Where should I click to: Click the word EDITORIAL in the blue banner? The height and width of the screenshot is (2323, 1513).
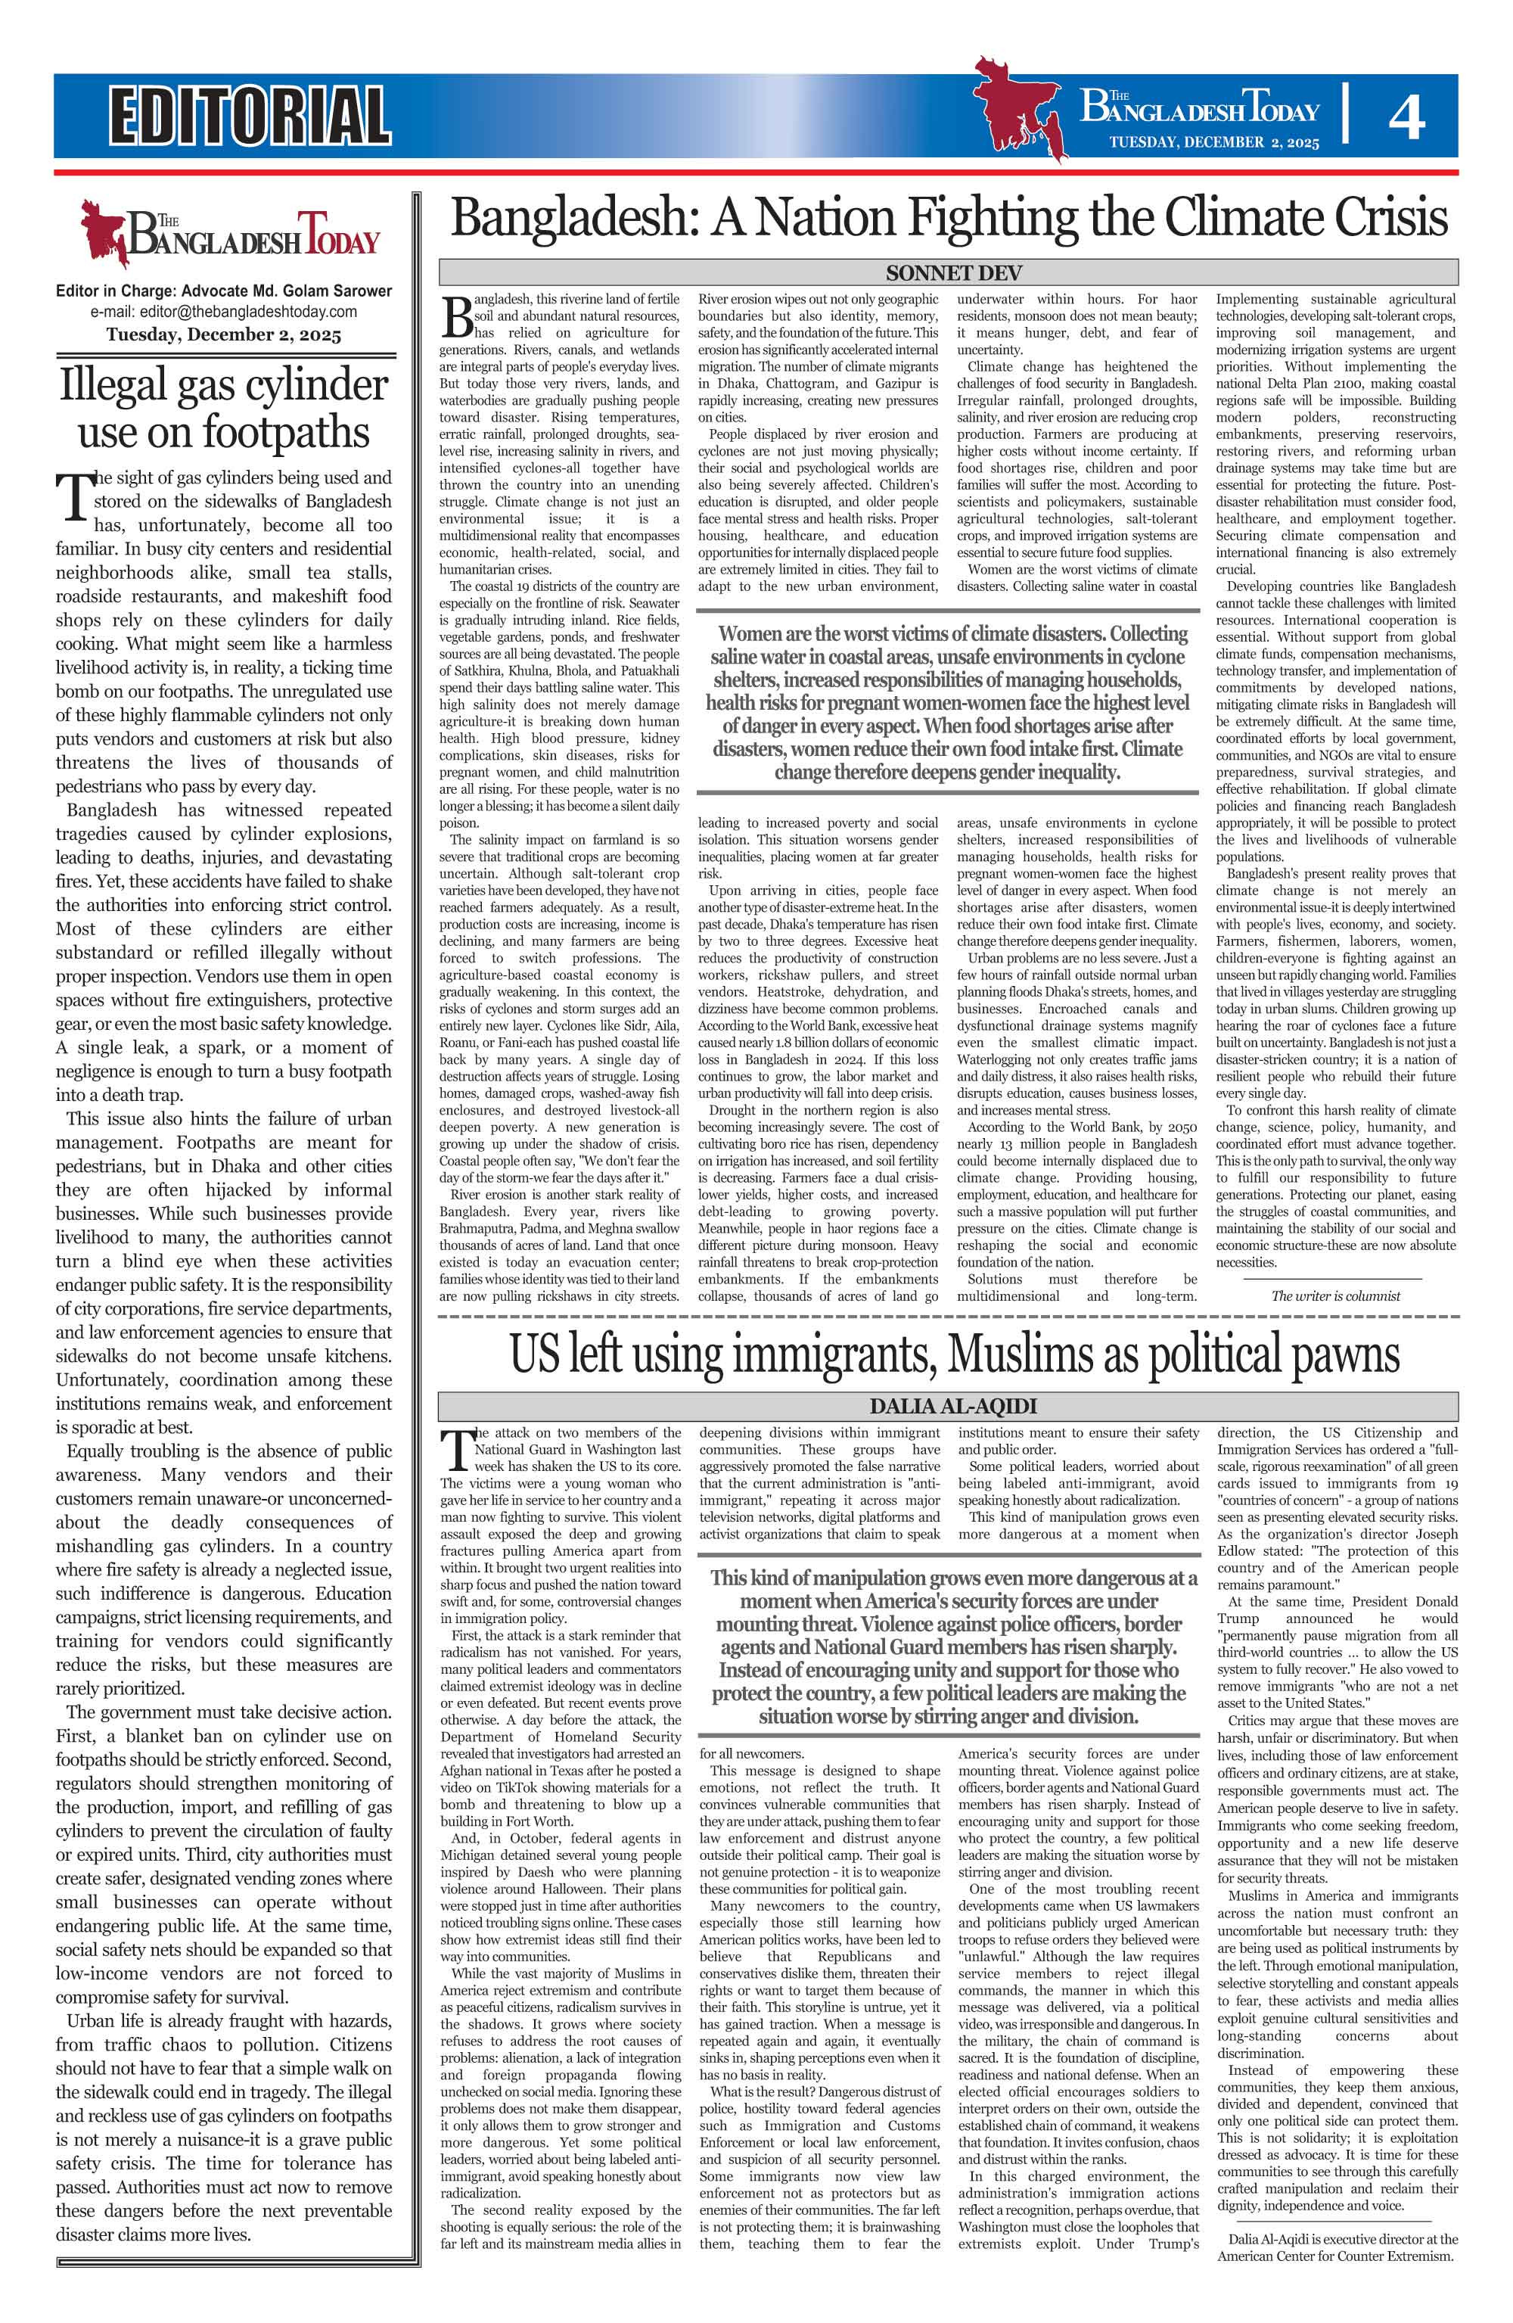point(250,115)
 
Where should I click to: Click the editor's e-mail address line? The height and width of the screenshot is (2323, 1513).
point(223,313)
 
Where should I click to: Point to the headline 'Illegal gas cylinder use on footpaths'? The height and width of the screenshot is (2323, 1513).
point(223,408)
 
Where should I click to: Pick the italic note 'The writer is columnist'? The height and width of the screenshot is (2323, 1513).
point(1335,1296)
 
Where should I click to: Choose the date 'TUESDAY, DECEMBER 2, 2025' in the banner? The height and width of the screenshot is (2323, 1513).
point(1213,142)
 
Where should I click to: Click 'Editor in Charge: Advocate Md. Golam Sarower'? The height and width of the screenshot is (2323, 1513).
point(223,291)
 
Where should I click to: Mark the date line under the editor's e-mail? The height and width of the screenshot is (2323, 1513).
point(223,334)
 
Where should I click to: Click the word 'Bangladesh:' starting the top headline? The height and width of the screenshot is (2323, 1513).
point(573,218)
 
